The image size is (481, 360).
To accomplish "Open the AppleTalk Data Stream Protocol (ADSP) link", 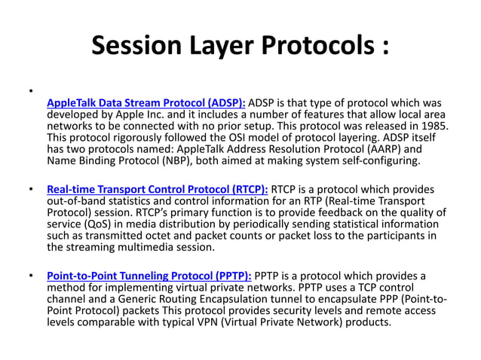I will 146,102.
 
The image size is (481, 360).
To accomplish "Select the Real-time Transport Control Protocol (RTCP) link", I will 157,190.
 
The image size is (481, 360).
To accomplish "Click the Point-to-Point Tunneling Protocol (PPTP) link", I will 149,276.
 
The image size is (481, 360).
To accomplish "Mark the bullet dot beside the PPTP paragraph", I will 30,276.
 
